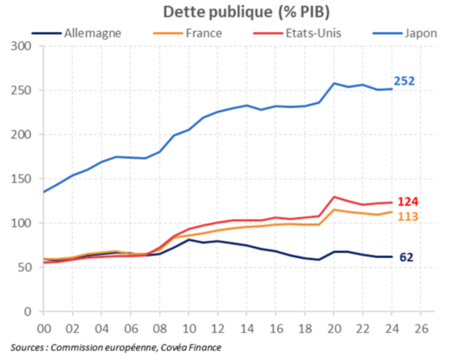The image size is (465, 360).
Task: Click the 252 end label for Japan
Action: point(404,81)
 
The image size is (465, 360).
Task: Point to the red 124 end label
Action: point(408,202)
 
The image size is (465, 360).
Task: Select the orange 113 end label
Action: point(408,216)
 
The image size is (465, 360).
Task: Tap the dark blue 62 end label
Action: point(406,257)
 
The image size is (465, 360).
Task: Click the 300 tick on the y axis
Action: point(21,46)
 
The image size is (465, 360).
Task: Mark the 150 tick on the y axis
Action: point(21,179)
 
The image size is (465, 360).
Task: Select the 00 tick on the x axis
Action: point(43,330)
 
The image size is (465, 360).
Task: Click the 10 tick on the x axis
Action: point(188,330)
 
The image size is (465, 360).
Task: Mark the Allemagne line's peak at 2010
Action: point(188,239)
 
